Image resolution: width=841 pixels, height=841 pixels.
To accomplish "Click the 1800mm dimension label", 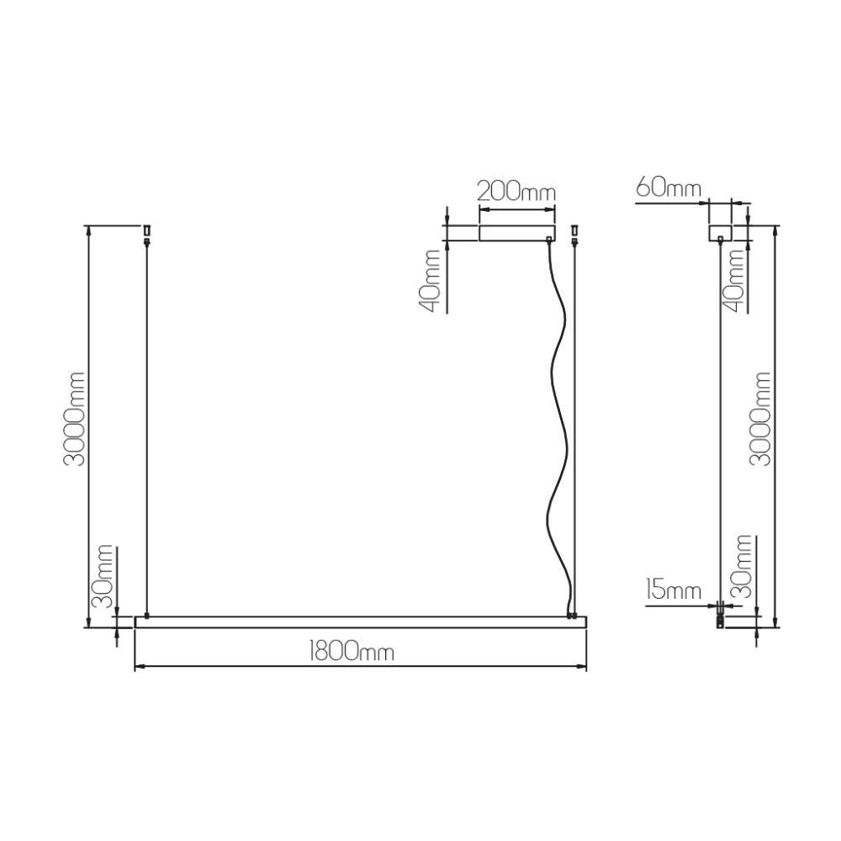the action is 352,652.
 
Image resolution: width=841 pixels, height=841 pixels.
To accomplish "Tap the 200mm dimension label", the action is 516,191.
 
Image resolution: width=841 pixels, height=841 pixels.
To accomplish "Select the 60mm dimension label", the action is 669,188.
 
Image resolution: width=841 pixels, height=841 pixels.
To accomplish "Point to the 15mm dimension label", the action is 674,590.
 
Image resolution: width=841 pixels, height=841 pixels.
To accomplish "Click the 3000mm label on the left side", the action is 74,418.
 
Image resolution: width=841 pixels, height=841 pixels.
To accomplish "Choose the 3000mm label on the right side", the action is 760,418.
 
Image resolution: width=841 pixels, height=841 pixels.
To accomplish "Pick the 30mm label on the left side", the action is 103,576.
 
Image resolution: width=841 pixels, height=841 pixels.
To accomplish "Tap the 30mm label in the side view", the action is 743,566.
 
